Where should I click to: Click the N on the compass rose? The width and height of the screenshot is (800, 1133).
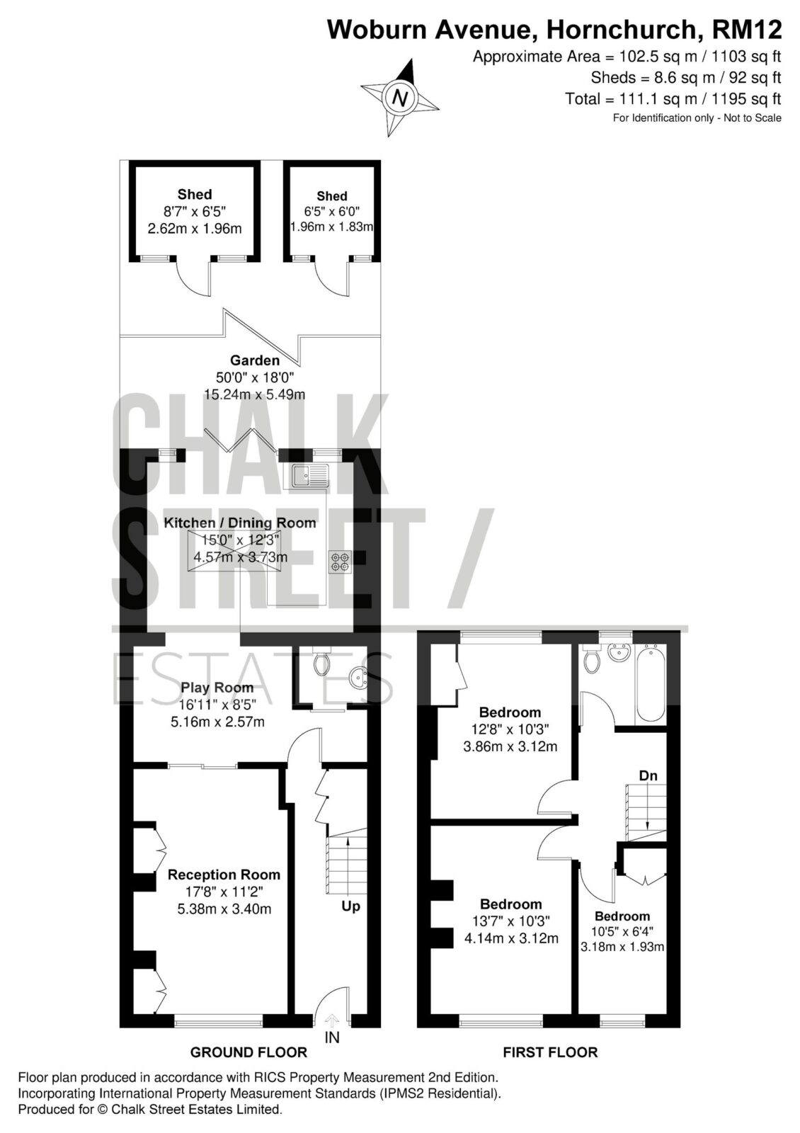click(x=401, y=97)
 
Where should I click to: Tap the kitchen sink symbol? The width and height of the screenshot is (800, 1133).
click(x=310, y=475)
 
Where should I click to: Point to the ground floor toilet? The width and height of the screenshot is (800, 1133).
click(x=321, y=661)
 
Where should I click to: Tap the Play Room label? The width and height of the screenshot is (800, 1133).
click(x=217, y=688)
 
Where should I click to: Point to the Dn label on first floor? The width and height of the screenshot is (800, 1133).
click(x=648, y=775)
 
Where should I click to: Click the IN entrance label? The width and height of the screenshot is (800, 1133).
click(x=332, y=1038)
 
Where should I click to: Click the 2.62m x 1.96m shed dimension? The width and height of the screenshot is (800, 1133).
click(x=195, y=229)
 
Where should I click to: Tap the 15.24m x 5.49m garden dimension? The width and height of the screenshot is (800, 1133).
click(x=254, y=394)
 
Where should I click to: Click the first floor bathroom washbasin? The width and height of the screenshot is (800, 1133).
click(x=619, y=652)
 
